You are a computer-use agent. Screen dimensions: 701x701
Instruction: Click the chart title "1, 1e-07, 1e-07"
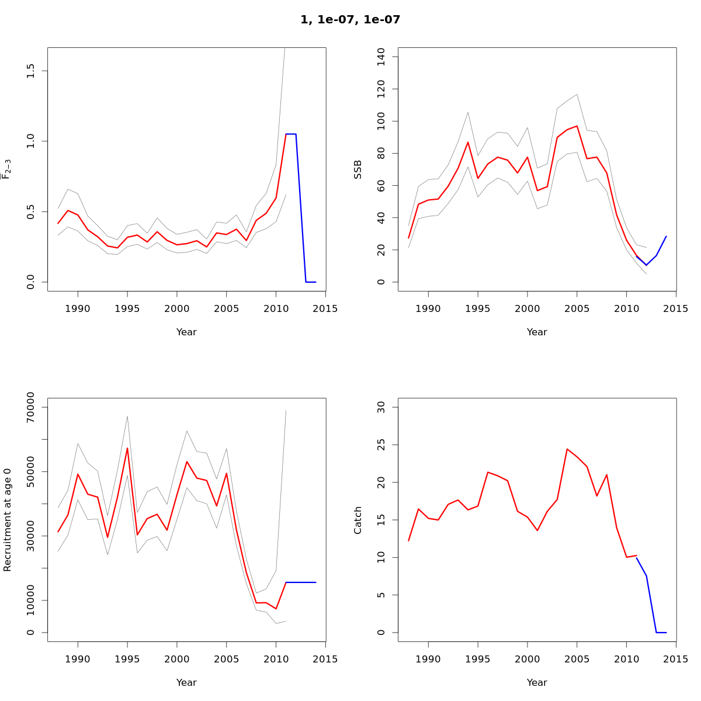point(350,20)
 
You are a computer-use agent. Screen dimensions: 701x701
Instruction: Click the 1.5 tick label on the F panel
point(31,71)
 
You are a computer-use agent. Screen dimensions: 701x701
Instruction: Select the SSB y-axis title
point(358,169)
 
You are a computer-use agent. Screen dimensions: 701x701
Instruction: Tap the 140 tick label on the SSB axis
point(381,57)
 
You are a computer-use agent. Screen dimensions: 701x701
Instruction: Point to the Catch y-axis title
point(358,520)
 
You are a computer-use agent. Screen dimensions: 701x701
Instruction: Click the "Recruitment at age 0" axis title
point(8,520)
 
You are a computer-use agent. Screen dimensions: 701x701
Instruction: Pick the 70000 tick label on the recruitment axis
point(31,407)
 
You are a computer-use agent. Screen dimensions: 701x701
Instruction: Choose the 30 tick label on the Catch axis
point(381,407)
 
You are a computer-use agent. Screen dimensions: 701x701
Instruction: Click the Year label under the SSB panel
point(537,332)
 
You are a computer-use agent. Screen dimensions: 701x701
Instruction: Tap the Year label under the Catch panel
point(537,682)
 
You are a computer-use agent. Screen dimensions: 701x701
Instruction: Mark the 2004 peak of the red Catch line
point(567,449)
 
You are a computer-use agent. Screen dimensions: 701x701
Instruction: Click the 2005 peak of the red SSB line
point(577,126)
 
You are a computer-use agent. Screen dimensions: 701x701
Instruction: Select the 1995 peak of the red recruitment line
point(127,448)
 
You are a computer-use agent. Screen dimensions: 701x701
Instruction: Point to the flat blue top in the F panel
point(291,134)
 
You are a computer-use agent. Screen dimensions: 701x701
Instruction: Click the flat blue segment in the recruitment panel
point(301,582)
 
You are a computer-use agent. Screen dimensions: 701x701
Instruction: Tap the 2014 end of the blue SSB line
point(666,237)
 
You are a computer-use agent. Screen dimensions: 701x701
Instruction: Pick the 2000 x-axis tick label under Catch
point(528,659)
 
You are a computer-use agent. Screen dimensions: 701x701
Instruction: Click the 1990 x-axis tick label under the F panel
point(78,308)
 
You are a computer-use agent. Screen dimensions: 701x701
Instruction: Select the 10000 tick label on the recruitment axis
point(31,601)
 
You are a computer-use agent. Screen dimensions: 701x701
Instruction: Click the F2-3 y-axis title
point(8,169)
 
